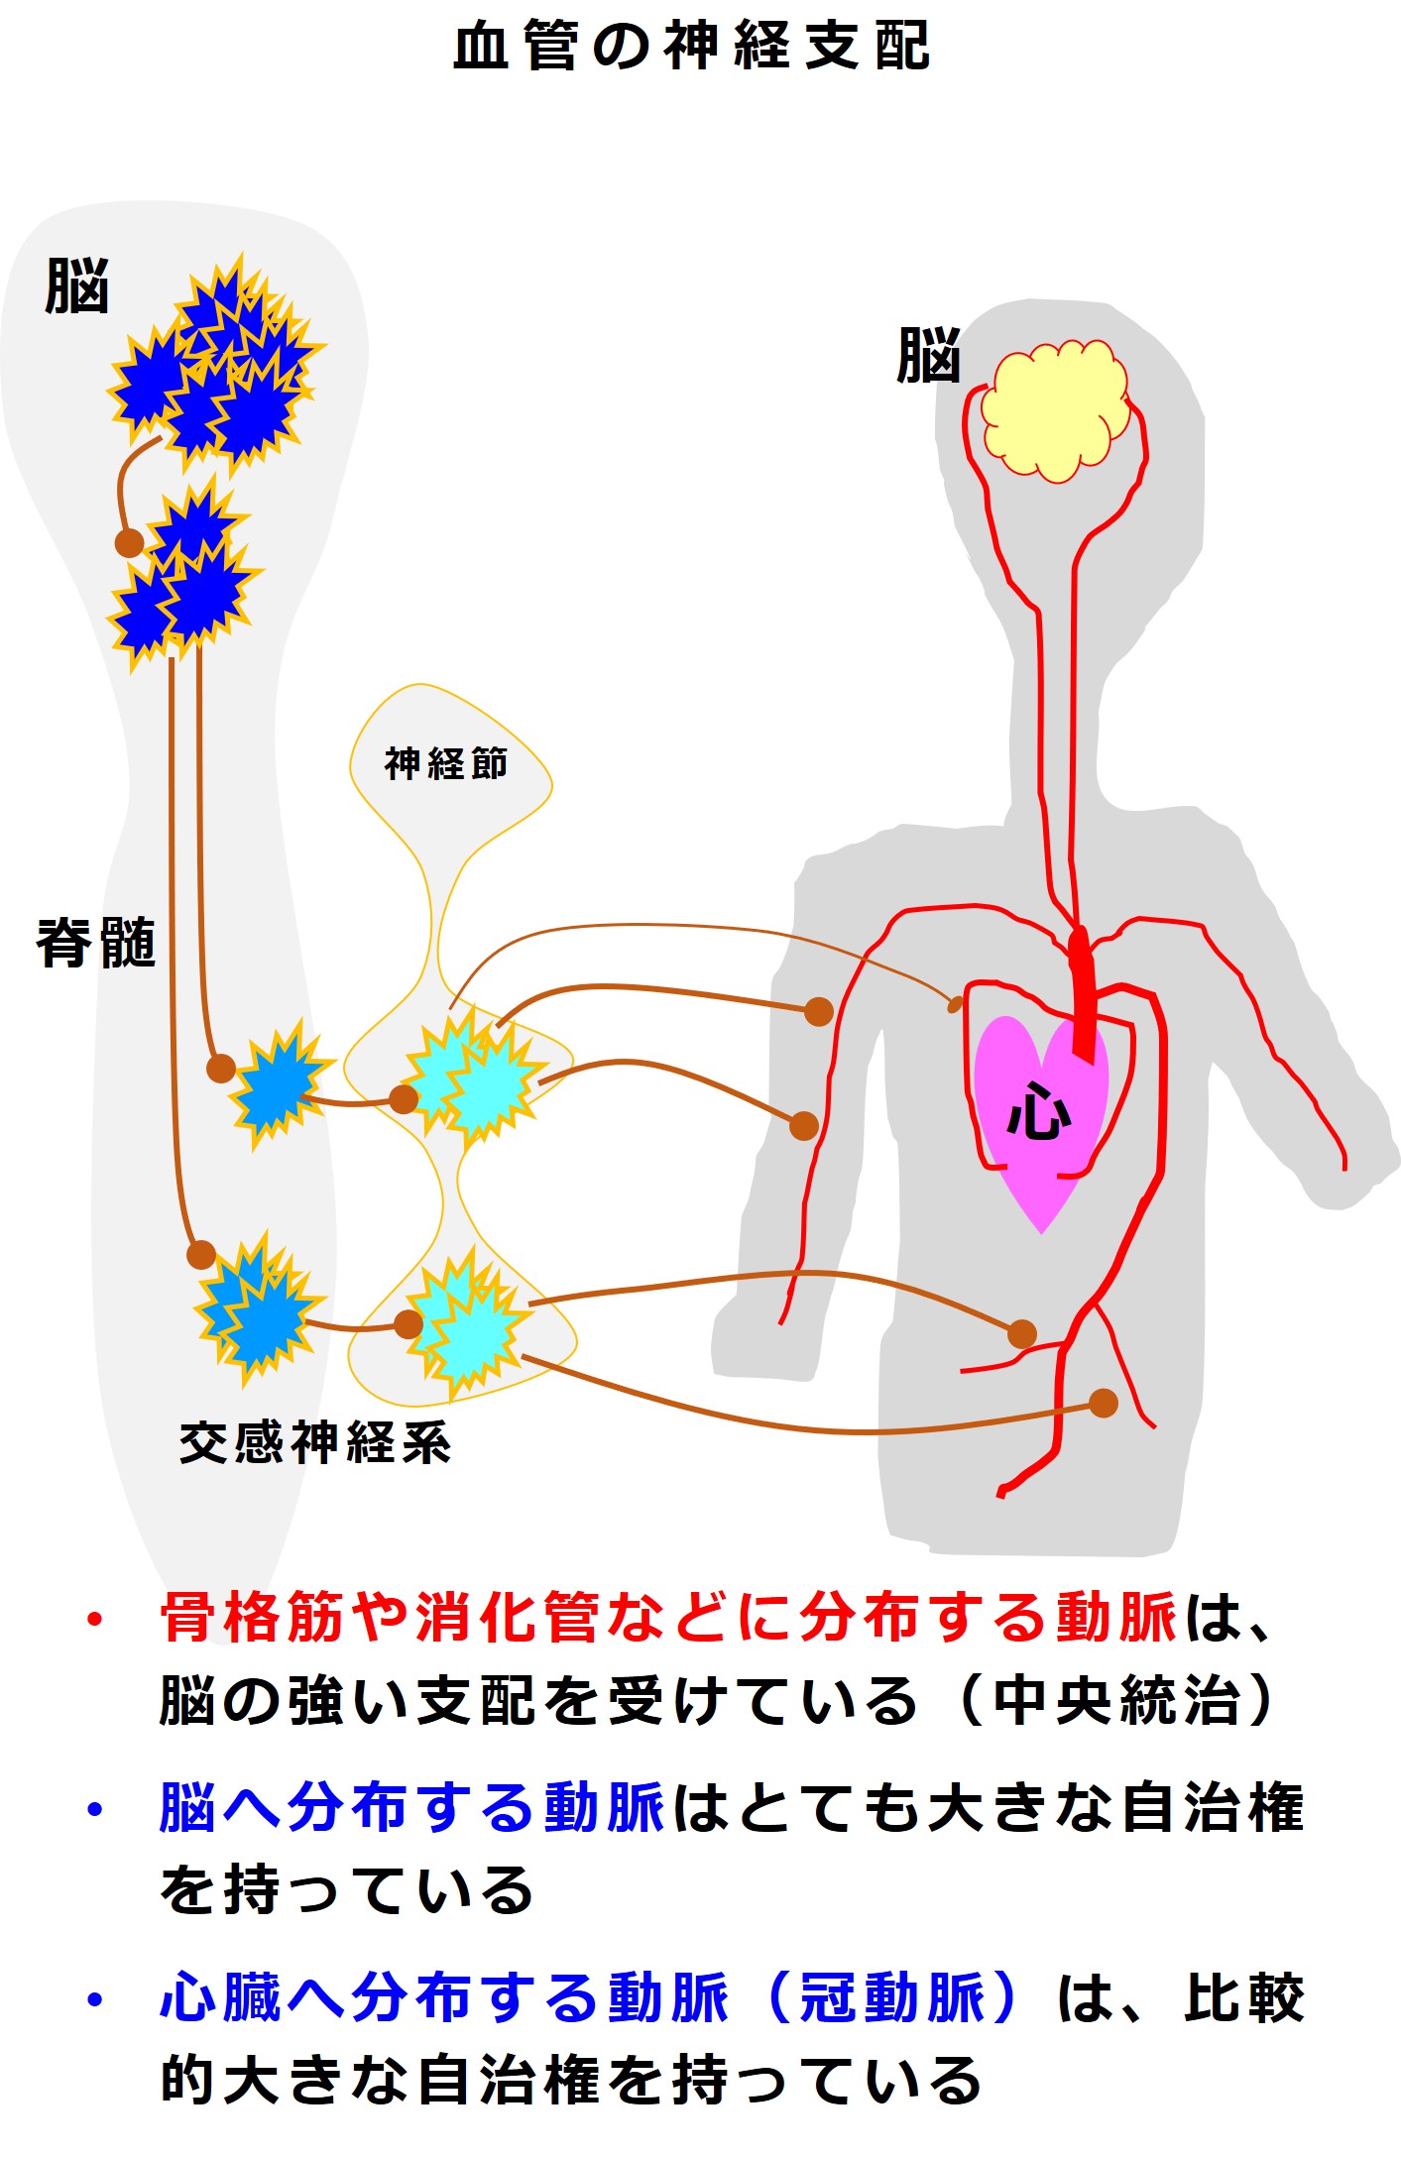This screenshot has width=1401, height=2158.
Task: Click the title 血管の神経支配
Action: tap(691, 47)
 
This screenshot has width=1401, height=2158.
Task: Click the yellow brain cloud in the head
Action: tap(1055, 410)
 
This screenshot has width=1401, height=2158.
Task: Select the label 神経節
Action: tap(445, 764)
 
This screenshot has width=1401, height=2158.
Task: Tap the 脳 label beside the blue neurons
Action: tap(76, 286)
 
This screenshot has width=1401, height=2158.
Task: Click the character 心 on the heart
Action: tap(1038, 1111)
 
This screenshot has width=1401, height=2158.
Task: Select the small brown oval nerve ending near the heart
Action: tap(955, 1005)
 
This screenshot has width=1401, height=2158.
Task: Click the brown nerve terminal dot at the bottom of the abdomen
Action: tap(1103, 1403)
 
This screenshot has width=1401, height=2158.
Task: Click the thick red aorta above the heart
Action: tap(1082, 991)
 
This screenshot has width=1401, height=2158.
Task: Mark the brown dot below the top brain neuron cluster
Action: tap(129, 542)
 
